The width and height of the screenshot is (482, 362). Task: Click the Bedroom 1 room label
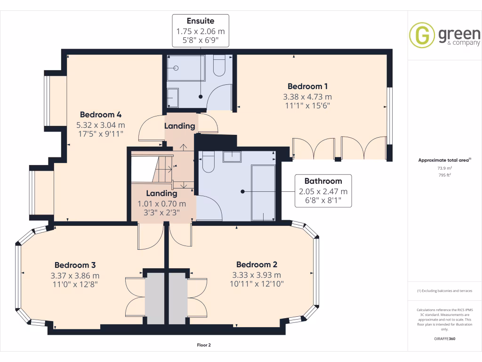pos(307,86)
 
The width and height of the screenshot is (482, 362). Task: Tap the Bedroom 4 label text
pos(101,115)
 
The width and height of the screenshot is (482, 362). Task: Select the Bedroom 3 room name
pos(75,265)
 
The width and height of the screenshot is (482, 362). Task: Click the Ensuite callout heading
pos(201,21)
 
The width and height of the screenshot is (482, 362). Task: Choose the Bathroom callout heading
pos(323,181)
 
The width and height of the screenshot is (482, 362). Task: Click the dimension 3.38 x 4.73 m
pos(307,97)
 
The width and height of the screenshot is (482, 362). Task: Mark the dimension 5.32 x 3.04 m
pos(101,125)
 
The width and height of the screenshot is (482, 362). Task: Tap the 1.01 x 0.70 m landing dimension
pos(161,204)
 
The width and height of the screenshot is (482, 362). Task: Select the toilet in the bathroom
pos(208,163)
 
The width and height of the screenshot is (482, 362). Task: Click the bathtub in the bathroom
pos(264,192)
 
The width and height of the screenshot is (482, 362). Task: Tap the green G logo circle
pos(422,35)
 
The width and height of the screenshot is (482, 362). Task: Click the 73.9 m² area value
pos(445,168)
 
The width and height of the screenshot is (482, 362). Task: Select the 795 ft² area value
pos(445,175)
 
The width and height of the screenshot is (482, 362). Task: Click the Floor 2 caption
pos(204,345)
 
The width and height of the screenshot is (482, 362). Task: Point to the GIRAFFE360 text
pos(445,339)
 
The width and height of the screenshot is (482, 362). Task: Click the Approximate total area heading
pos(444,160)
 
